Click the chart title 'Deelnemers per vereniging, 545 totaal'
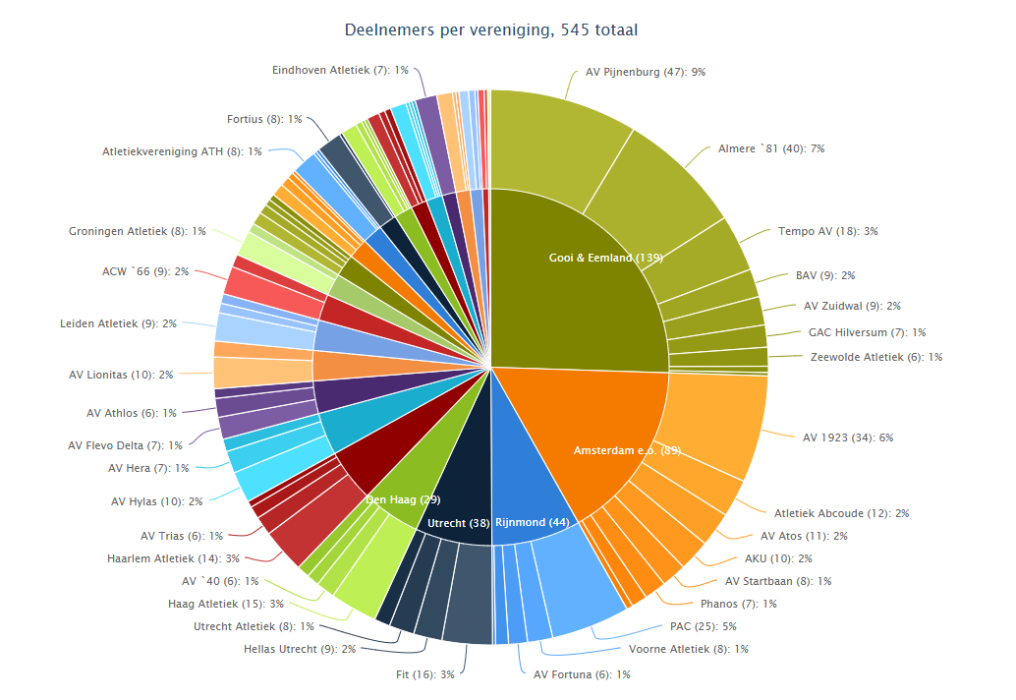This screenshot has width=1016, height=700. (491, 30)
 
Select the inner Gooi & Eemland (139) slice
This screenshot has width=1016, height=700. (580, 285)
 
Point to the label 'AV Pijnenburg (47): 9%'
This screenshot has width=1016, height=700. (646, 72)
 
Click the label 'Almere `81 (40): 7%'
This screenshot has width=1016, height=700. (770, 148)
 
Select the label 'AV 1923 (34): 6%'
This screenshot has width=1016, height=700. (848, 437)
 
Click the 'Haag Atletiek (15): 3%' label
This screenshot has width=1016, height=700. (226, 604)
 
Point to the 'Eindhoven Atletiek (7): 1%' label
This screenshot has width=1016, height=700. (340, 70)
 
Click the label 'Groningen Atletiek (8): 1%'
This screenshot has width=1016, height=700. (138, 231)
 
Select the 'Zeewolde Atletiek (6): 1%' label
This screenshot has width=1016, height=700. (876, 357)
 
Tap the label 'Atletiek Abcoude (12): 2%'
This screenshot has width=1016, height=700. (841, 513)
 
